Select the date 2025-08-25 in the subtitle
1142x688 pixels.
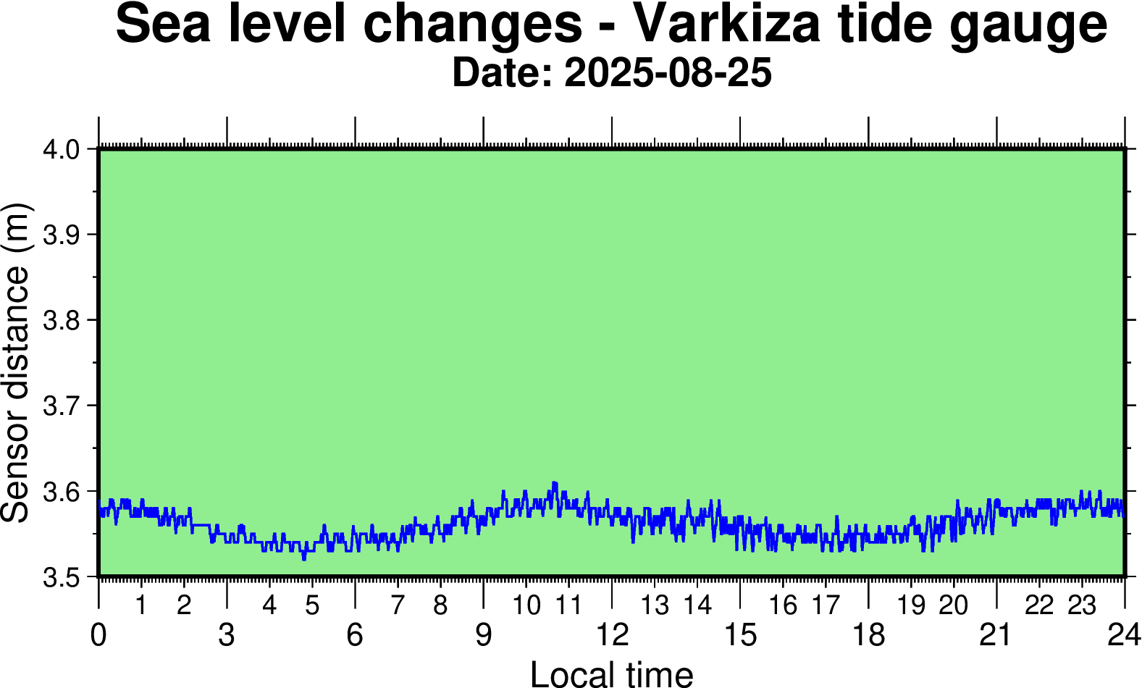(x=668, y=73)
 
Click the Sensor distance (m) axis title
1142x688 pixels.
(x=16, y=362)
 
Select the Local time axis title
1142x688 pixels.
(x=612, y=674)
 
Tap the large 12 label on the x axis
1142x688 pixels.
(x=612, y=635)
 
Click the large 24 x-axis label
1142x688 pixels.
(x=1124, y=635)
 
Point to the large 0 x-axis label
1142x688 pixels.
(x=98, y=635)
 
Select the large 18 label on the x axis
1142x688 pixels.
(x=868, y=635)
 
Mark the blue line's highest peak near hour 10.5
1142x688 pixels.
(x=555, y=482)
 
